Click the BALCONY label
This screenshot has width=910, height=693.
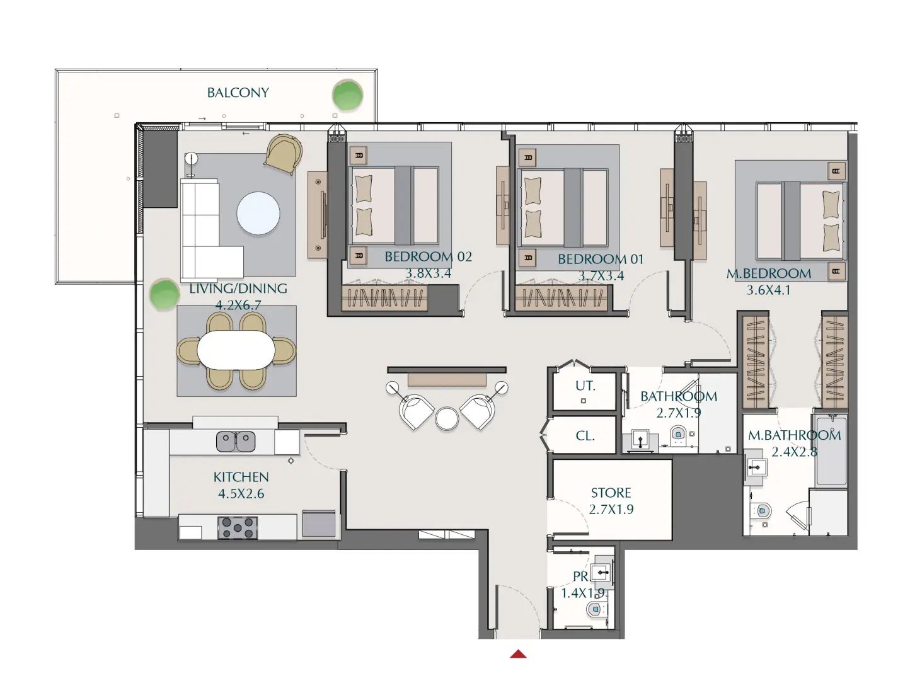tap(238, 93)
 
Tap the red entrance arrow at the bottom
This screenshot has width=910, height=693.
tap(518, 654)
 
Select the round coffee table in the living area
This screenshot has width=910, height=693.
tap(258, 213)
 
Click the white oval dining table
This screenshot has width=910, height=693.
tap(236, 350)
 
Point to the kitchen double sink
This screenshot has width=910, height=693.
tap(236, 442)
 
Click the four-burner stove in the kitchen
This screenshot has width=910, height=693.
tap(238, 527)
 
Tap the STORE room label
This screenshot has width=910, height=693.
tap(611, 493)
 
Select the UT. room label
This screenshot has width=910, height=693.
tap(585, 386)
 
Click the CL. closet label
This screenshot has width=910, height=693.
tap(585, 435)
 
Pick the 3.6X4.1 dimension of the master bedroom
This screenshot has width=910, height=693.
tap(768, 290)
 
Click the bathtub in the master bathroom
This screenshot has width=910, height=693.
tap(831, 450)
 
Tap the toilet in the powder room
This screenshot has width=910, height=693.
tap(594, 609)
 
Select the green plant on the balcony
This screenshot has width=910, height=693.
tap(347, 95)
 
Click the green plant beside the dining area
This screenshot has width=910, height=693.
tap(164, 294)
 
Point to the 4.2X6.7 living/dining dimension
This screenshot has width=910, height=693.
tap(238, 305)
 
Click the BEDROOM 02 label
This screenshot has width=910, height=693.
tap(428, 257)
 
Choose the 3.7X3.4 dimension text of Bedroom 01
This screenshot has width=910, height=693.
tap(601, 276)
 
